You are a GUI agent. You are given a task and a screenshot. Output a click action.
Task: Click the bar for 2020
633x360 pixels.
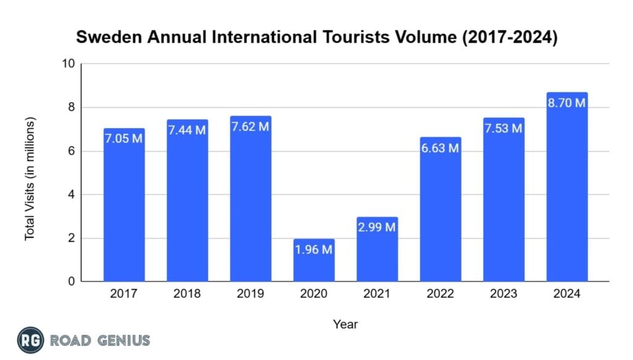click(314, 260)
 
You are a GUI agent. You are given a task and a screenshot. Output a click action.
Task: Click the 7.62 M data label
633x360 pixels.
click(250, 127)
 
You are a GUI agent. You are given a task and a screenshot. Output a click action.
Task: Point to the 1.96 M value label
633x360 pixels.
click(314, 250)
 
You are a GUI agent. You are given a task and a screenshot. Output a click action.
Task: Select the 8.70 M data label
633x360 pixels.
click(567, 103)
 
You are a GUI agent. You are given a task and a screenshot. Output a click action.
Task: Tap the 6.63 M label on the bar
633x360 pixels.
click(441, 148)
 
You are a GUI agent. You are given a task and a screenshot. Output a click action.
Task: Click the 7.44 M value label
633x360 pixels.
click(187, 131)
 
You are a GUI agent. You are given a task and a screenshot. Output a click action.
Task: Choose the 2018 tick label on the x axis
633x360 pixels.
click(187, 294)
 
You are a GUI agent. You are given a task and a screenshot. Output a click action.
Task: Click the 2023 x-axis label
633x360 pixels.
click(504, 294)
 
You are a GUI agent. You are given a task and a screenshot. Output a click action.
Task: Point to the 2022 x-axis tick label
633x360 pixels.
click(441, 294)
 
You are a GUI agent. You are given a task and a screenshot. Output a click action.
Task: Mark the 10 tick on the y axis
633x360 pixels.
click(68, 64)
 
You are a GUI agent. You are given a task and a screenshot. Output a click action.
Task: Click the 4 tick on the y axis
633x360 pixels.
click(71, 195)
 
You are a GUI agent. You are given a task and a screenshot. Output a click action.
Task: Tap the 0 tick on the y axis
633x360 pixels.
click(71, 282)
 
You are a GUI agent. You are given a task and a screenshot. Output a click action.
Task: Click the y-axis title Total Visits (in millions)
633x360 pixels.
click(30, 179)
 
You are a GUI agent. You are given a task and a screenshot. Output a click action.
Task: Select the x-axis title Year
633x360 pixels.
click(345, 324)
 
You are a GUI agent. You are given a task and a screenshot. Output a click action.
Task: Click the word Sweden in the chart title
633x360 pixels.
click(107, 38)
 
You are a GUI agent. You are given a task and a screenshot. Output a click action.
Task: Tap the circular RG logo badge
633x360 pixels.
click(30, 340)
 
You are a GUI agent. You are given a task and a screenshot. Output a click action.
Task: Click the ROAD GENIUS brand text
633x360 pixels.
click(100, 340)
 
